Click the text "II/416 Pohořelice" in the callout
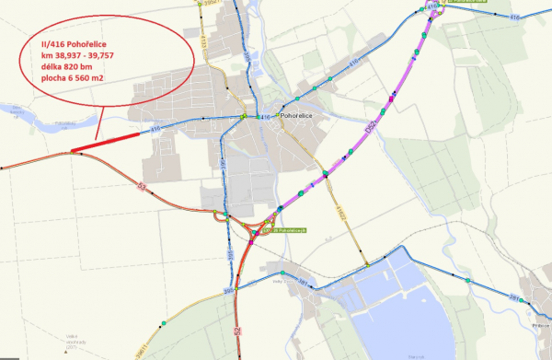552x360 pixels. click(x=82, y=41)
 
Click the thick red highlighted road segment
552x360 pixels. click(x=106, y=143)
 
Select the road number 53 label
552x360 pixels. click(x=142, y=187)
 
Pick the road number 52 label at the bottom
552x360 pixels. click(x=236, y=329)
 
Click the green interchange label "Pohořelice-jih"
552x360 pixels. click(x=288, y=229)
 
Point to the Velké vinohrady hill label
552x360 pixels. click(x=72, y=341)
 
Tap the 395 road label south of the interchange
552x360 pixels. click(x=226, y=292)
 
